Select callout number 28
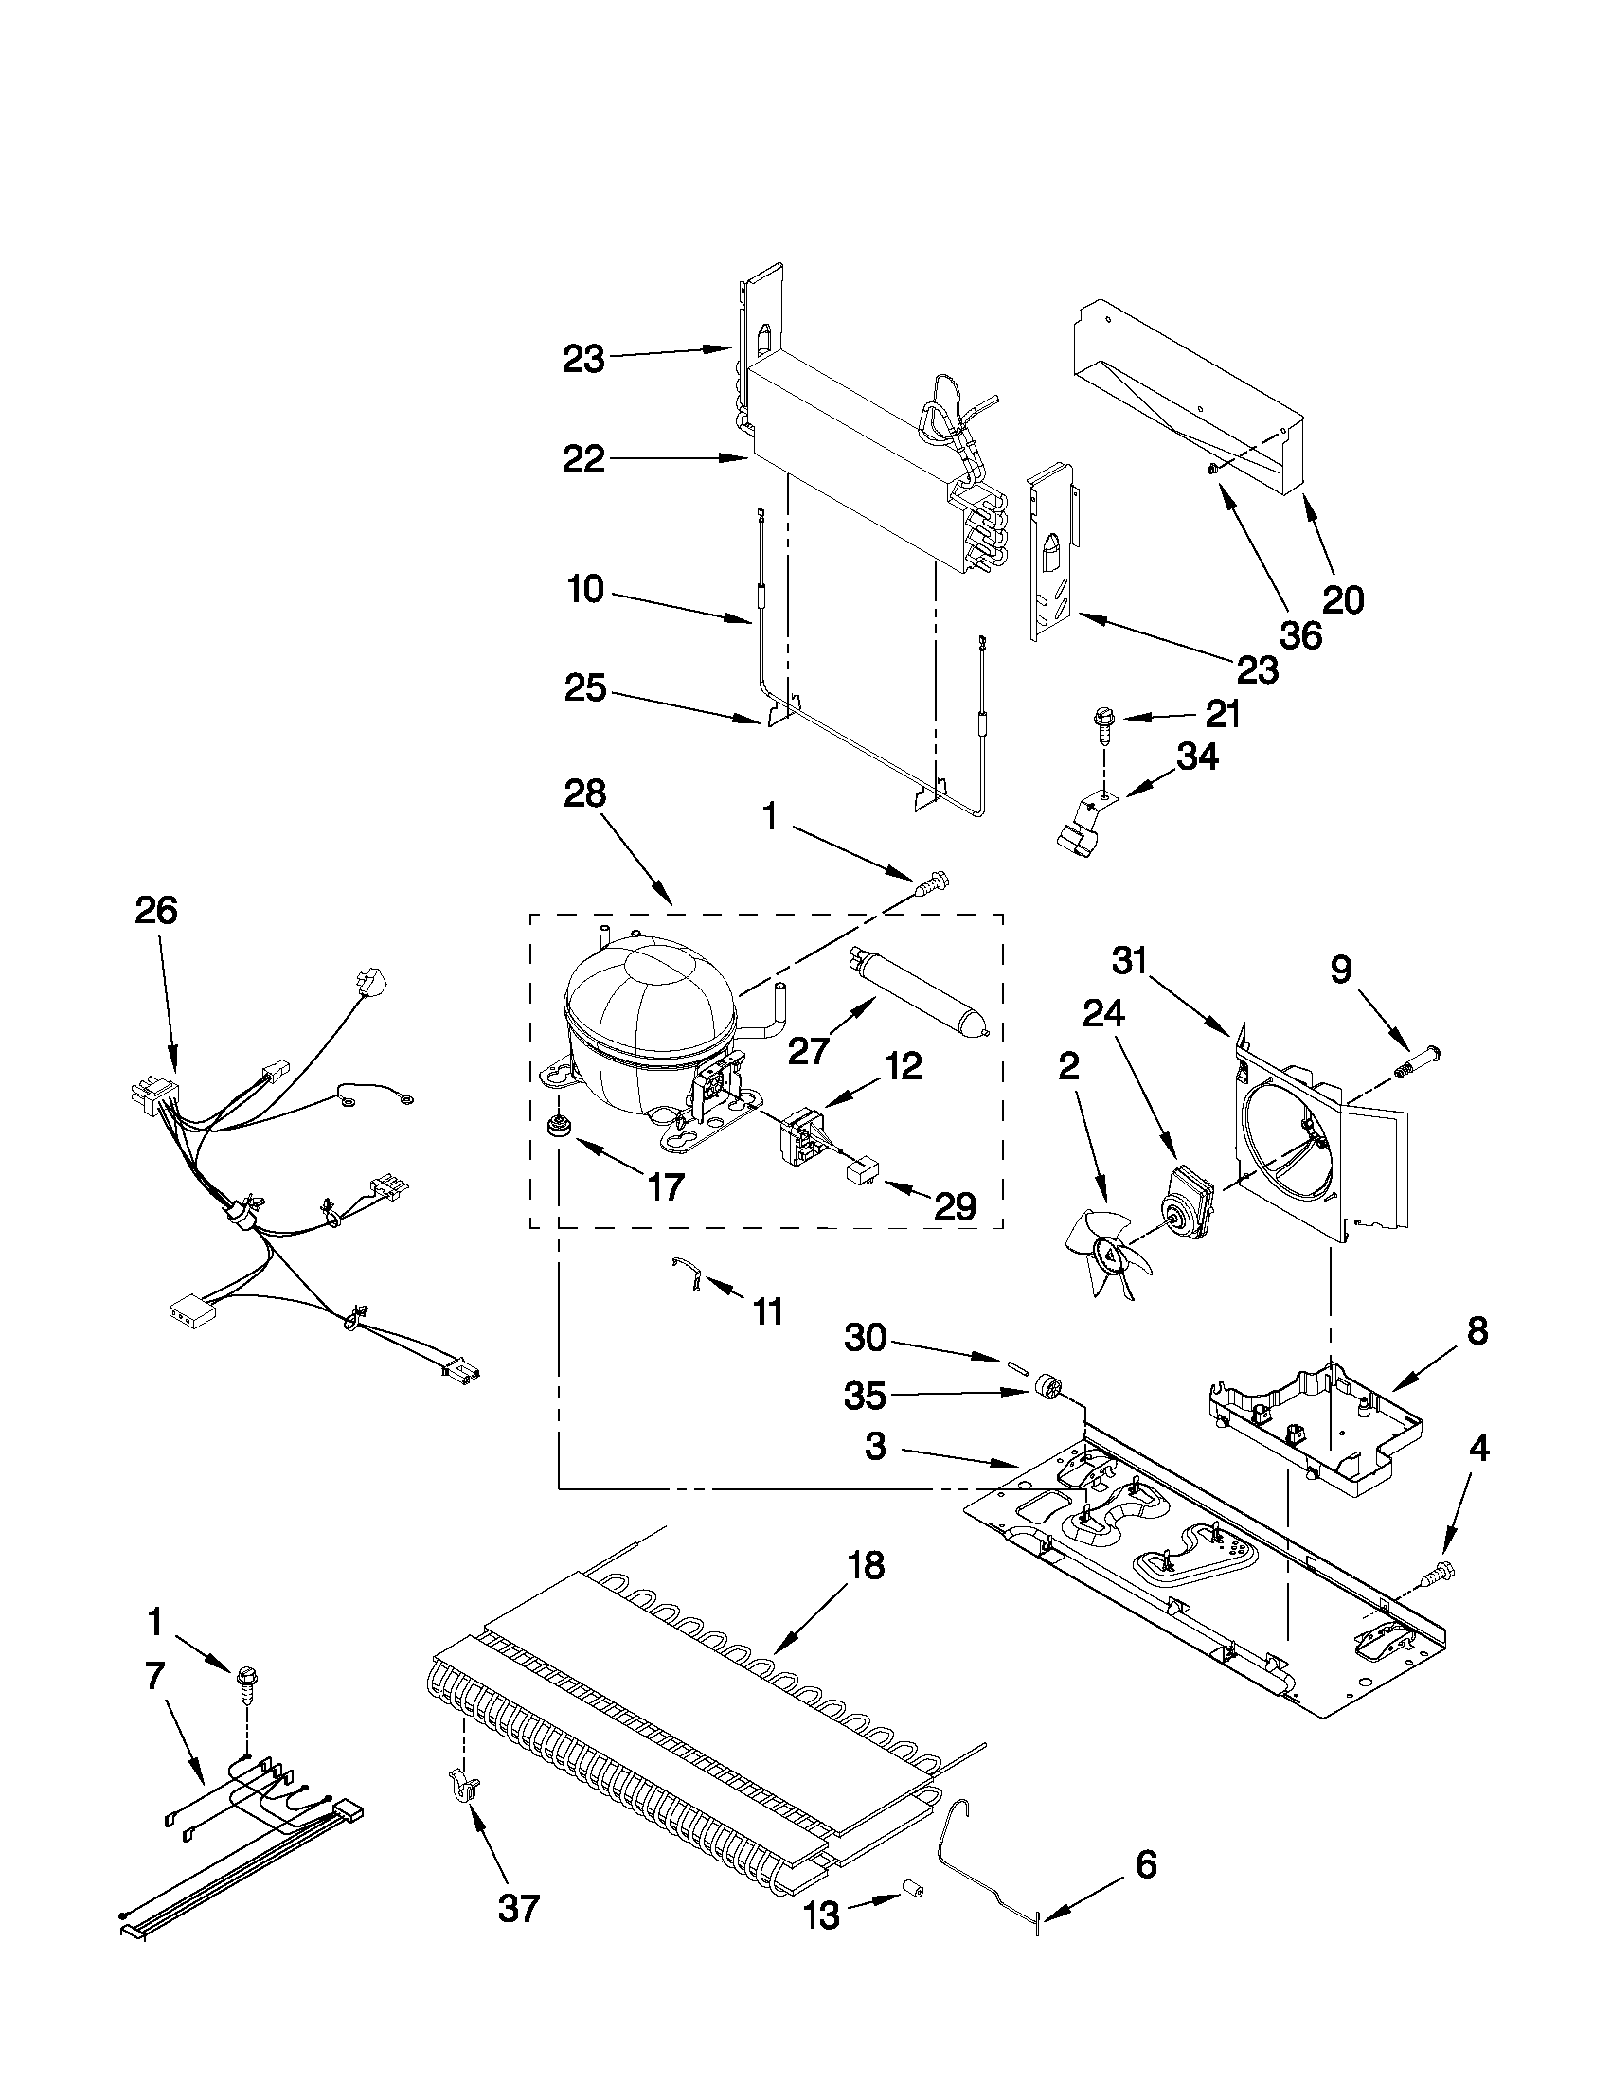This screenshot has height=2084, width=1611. pyautogui.click(x=584, y=793)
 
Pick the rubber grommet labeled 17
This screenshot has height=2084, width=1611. pyautogui.click(x=555, y=1127)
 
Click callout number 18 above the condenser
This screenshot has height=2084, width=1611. pyautogui.click(x=865, y=1566)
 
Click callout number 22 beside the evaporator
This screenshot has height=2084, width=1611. pyautogui.click(x=583, y=460)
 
